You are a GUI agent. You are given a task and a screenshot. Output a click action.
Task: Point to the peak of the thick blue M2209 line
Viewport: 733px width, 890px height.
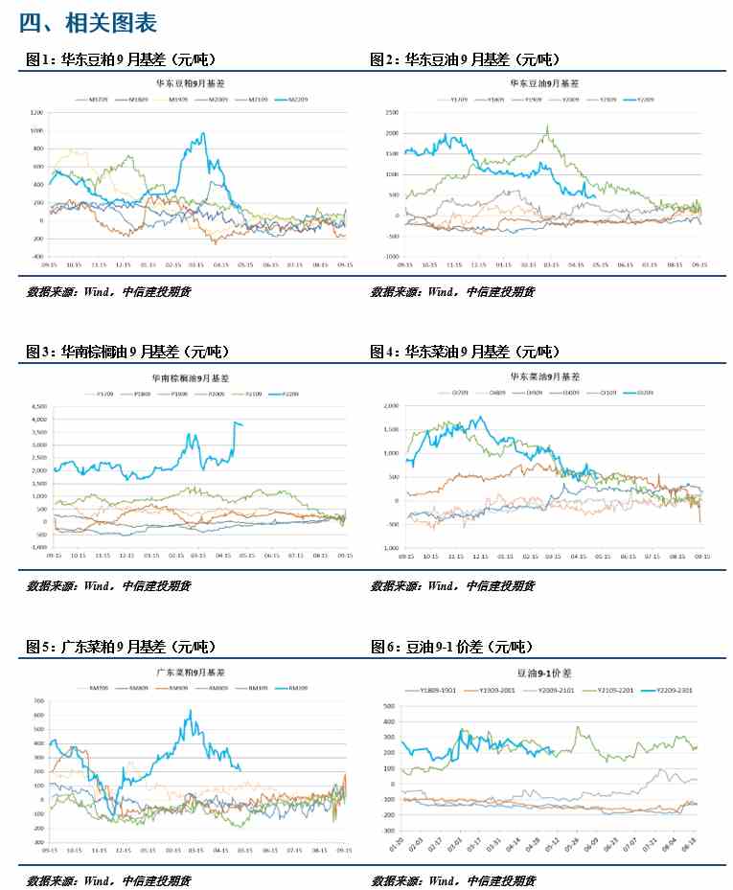[x=203, y=133]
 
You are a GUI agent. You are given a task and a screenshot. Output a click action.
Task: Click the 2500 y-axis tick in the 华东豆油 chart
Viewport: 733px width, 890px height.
[x=391, y=112]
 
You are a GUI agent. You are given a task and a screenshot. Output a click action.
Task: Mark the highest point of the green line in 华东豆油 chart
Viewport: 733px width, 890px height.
[x=547, y=126]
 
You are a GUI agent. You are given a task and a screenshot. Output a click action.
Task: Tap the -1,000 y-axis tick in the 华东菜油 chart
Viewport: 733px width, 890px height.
[x=389, y=547]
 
